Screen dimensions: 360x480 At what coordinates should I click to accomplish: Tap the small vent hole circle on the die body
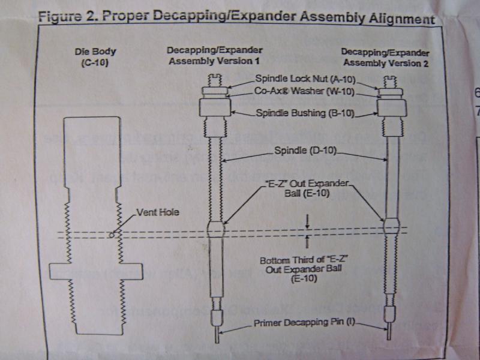(112, 235)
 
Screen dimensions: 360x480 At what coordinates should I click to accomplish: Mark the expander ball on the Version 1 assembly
(216, 229)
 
